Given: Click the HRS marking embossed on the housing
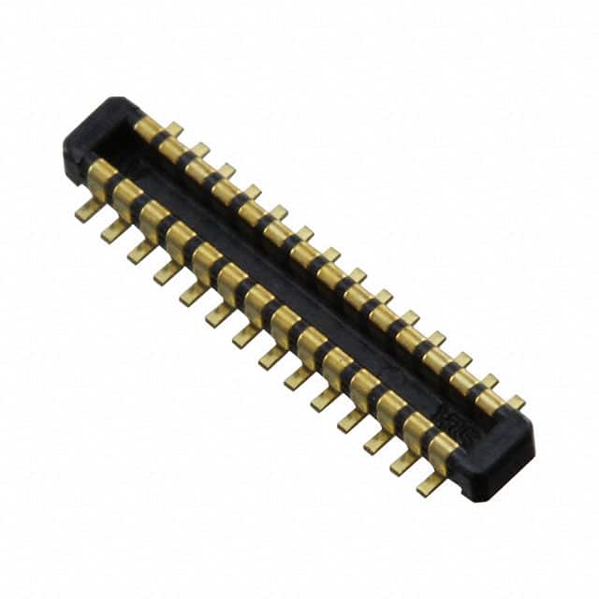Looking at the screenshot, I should point(468,415).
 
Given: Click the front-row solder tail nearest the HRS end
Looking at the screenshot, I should point(431,483).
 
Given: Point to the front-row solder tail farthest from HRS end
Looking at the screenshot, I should point(89,210).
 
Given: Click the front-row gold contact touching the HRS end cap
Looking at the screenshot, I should point(443,450).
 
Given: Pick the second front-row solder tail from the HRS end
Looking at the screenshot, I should point(405,461).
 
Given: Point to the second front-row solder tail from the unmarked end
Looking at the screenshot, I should point(114,229).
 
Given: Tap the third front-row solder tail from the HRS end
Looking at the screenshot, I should point(379,441).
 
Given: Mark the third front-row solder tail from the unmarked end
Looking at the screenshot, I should point(141,251).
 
